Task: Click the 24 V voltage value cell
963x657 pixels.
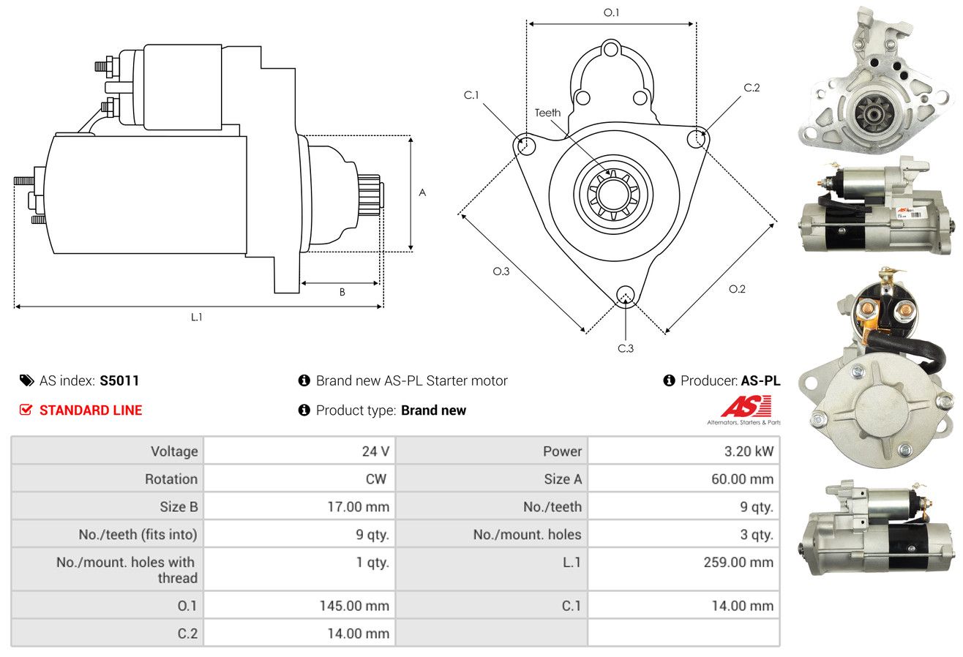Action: (375, 451)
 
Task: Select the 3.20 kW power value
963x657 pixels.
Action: (749, 451)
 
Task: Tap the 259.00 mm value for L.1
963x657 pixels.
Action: (738, 562)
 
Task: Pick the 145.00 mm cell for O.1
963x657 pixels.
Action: (354, 606)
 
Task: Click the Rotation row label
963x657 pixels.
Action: (171, 478)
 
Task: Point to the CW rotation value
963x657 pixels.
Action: (376, 478)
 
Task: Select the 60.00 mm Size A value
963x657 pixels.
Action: (742, 478)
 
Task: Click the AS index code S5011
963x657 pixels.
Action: (119, 380)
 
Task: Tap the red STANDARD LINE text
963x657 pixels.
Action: (91, 410)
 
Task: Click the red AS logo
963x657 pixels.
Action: (746, 407)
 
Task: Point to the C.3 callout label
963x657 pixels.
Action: (626, 348)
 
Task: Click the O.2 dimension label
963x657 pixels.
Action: (737, 289)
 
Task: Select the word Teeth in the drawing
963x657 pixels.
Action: (547, 113)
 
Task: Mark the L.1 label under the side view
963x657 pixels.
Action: (196, 317)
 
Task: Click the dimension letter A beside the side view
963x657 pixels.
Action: (422, 192)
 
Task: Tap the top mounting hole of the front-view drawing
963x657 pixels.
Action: (610, 49)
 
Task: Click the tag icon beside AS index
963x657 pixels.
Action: (26, 380)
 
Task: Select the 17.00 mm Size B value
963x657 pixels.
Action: (358, 506)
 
